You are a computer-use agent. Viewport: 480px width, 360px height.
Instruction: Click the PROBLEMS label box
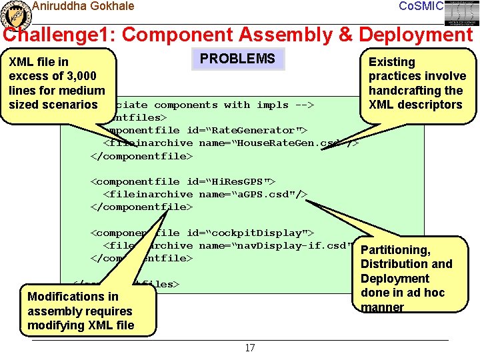[x=237, y=59]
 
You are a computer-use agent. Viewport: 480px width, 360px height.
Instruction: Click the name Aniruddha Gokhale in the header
[x=83, y=6]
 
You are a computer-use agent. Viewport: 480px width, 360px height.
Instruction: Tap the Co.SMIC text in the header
[x=421, y=6]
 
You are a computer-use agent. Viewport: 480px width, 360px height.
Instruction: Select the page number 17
[x=250, y=348]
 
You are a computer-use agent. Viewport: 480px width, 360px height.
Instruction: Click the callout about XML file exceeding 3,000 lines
[x=57, y=83]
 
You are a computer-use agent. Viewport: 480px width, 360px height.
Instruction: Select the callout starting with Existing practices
[x=417, y=83]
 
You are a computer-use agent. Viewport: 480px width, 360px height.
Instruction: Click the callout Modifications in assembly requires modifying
[x=80, y=311]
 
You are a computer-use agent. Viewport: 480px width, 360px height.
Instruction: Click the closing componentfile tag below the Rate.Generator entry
[x=141, y=156]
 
